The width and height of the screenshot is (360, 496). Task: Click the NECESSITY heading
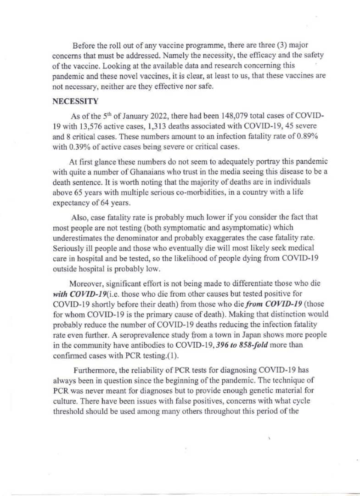tap(75, 101)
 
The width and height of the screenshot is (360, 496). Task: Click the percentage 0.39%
tap(80, 147)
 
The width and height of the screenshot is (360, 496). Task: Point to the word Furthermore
tap(93, 371)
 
